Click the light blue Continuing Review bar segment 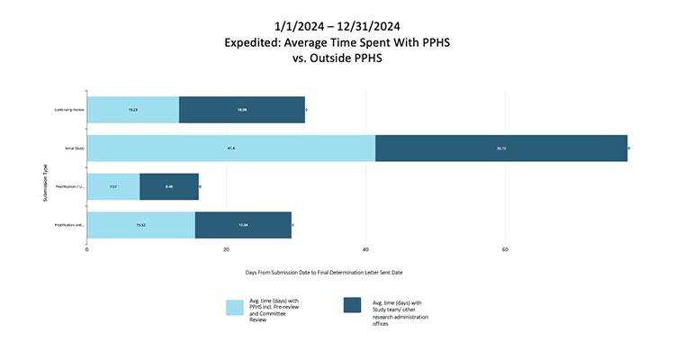tap(133, 110)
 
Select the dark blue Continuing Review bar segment tap(242, 110)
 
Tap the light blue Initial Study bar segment tap(231, 148)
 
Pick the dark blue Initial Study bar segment tap(501, 148)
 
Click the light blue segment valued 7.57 tap(113, 186)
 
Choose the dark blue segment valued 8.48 tap(169, 186)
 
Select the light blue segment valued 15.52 tap(140, 225)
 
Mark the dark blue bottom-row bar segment tap(243, 225)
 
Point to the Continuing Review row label tap(69, 110)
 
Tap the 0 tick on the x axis tap(87, 250)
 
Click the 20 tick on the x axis tap(226, 250)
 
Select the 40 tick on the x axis tap(365, 250)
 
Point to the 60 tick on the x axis tap(505, 250)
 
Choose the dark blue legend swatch tap(351, 307)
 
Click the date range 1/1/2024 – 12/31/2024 tap(337, 24)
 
